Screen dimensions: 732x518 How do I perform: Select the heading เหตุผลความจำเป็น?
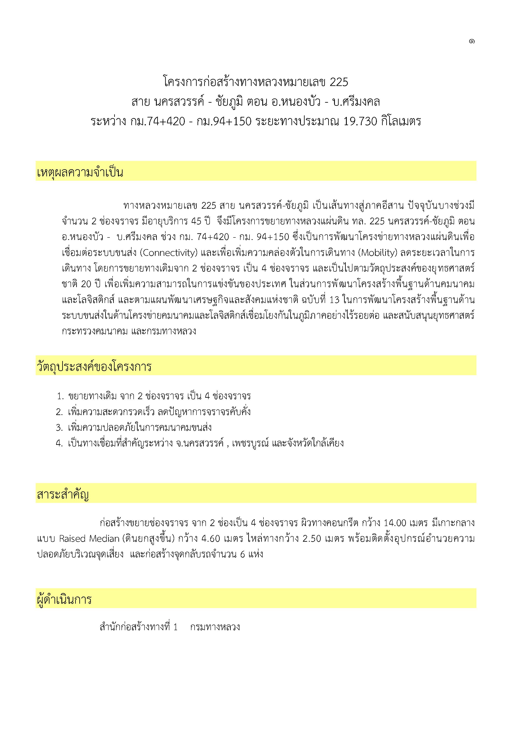80,173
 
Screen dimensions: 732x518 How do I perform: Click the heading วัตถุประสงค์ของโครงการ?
94,367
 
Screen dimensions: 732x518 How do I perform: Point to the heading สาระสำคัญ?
63,495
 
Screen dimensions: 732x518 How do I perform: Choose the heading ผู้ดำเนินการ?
65,600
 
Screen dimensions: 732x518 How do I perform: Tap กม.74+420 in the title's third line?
157,121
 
